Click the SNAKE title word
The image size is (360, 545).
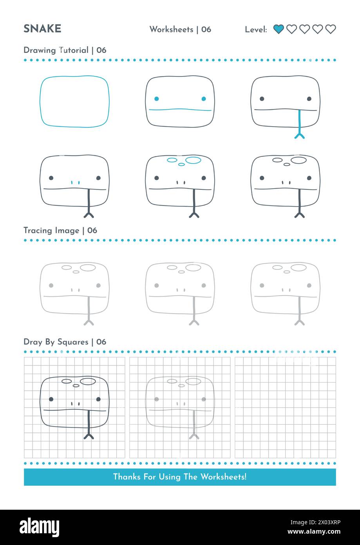coord(42,29)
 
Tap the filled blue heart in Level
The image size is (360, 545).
coord(279,29)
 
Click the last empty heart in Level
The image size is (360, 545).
coord(331,29)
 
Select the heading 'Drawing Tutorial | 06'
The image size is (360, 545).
coord(65,50)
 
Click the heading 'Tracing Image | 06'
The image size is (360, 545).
coord(60,231)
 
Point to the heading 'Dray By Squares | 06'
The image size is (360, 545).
coord(65,342)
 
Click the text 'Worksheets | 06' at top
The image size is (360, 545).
coord(180,29)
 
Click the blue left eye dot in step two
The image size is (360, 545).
coord(156,99)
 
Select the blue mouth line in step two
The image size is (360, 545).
coord(180,110)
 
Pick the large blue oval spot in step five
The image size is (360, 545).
coord(193,160)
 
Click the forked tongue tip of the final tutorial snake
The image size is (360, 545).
coord(300,214)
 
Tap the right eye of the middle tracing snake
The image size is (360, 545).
coord(204,285)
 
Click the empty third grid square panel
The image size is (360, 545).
coord(285,407)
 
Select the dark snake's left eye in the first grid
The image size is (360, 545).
coord(51,399)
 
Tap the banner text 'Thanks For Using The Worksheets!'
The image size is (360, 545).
coord(180,477)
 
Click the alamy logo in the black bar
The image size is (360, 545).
coord(39,527)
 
